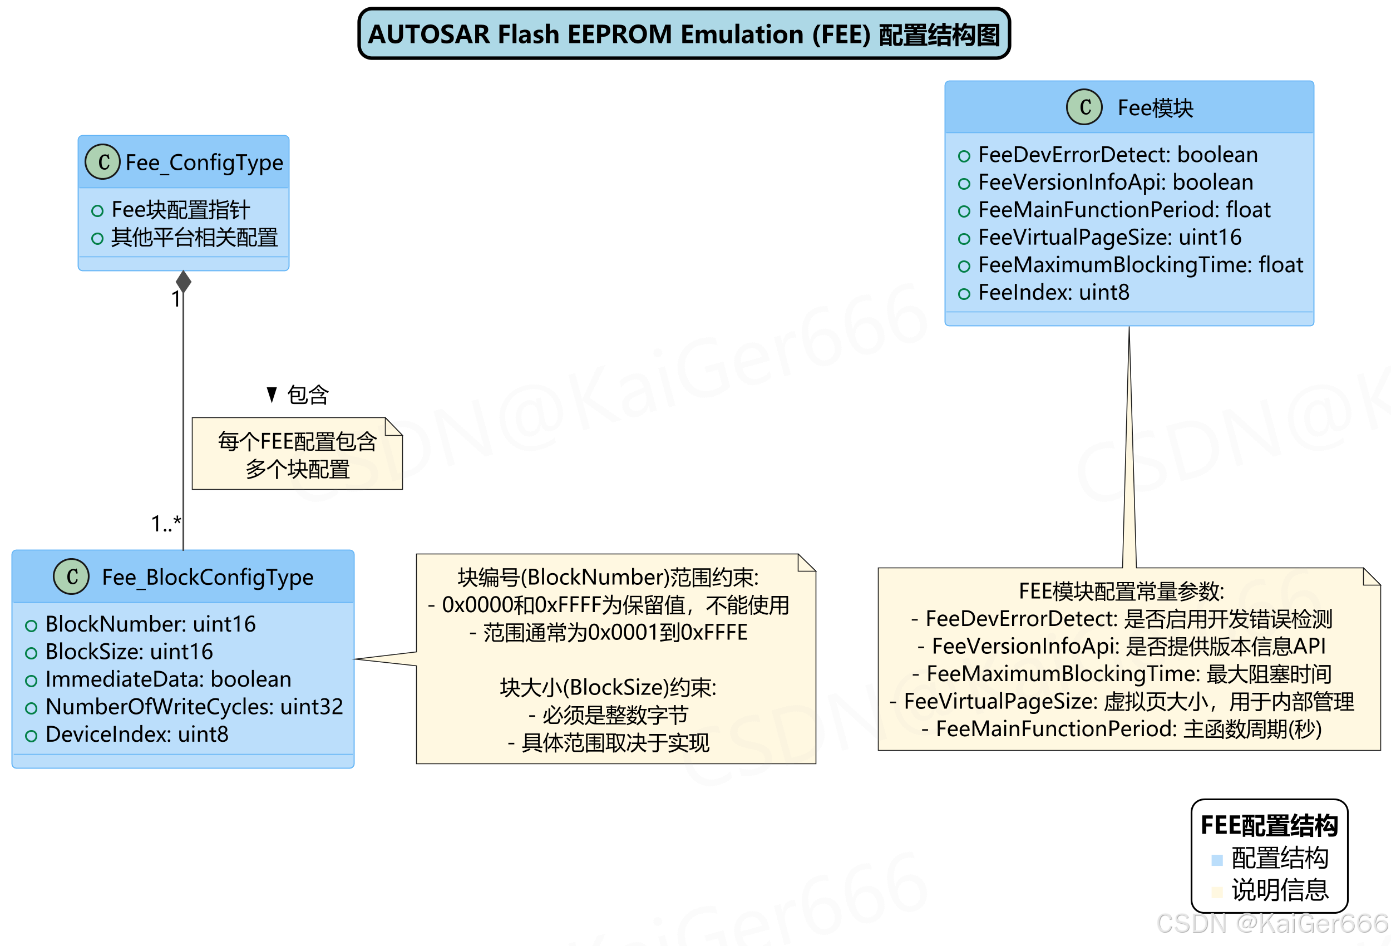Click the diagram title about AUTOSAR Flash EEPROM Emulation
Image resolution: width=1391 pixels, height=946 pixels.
683,34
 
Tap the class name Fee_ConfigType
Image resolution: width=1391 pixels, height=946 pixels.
204,162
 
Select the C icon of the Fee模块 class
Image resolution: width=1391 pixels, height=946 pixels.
1083,108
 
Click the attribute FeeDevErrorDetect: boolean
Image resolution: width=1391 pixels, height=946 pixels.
1117,155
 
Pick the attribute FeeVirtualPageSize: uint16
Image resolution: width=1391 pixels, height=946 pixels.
1109,238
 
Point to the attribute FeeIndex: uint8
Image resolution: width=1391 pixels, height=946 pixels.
1053,293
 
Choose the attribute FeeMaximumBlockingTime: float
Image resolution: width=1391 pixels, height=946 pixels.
1140,265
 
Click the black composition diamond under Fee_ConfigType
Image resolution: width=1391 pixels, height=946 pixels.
184,282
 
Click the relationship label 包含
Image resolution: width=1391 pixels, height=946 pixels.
307,395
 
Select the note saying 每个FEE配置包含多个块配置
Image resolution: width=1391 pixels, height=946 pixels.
297,455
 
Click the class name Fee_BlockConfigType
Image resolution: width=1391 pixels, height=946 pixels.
207,577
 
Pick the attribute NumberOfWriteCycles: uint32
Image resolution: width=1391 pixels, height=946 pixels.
193,707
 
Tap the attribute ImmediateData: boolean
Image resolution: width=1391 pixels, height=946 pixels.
167,679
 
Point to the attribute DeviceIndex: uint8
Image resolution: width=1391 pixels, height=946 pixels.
136,735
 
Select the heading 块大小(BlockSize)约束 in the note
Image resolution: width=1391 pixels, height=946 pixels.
608,688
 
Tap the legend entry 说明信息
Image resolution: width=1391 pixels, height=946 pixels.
1279,890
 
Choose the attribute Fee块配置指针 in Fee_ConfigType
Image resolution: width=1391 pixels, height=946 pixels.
180,210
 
